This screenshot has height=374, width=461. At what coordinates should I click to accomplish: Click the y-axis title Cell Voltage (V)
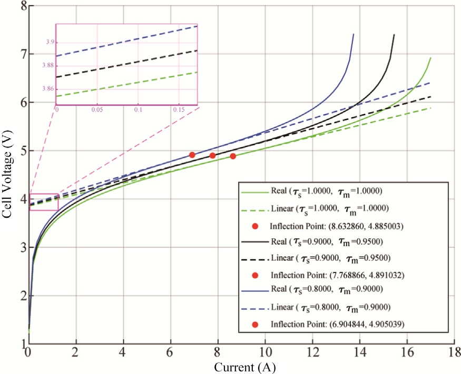[x=7, y=174]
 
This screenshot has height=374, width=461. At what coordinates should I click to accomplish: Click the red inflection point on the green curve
[x=233, y=156]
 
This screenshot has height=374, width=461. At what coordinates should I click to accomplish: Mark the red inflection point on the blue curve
[x=192, y=155]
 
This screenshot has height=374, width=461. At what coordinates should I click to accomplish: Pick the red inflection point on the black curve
[x=212, y=156]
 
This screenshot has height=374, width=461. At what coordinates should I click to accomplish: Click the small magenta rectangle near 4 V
[x=44, y=202]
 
